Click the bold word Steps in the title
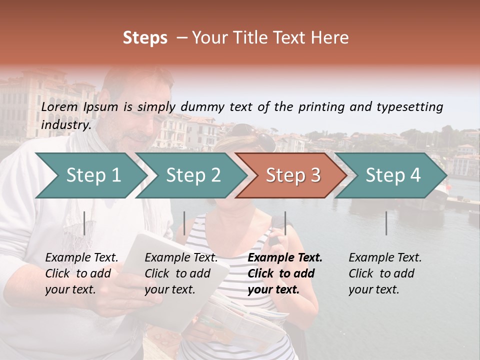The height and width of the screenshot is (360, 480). pos(145,38)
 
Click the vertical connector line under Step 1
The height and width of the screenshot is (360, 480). pos(84,223)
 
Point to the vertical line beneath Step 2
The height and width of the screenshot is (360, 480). pos(184,223)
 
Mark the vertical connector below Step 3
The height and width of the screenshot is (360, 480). pos(285,223)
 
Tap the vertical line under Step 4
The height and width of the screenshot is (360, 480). pos(386,223)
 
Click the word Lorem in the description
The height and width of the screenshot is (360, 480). pos(59,107)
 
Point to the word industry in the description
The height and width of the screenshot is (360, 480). pos(65,124)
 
